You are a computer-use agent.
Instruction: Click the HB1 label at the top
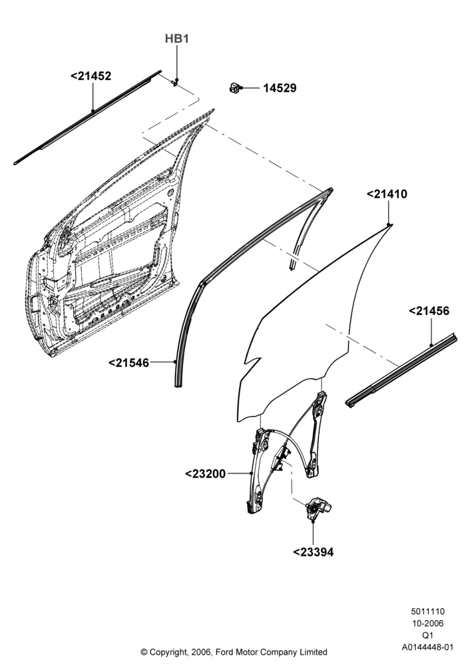[176, 39]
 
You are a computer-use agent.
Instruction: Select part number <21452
[91, 76]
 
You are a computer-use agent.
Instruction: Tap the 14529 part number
[280, 89]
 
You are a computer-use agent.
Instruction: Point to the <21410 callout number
[387, 194]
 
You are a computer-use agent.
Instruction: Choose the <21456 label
[429, 311]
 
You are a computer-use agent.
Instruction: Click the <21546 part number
[129, 363]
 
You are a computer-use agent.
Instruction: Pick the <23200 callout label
[206, 473]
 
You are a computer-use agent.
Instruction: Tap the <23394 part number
[313, 552]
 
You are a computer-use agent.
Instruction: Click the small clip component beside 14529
[234, 87]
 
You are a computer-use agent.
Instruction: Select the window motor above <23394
[319, 506]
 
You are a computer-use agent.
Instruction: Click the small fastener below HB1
[175, 83]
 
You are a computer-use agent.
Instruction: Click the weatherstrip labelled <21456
[401, 370]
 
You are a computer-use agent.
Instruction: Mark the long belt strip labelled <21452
[88, 117]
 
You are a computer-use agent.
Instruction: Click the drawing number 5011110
[427, 611]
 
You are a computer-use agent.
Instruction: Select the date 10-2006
[427, 623]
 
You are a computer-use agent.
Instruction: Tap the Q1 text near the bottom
[427, 635]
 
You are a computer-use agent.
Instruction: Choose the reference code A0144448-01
[427, 647]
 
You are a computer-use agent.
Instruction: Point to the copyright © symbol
[144, 651]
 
